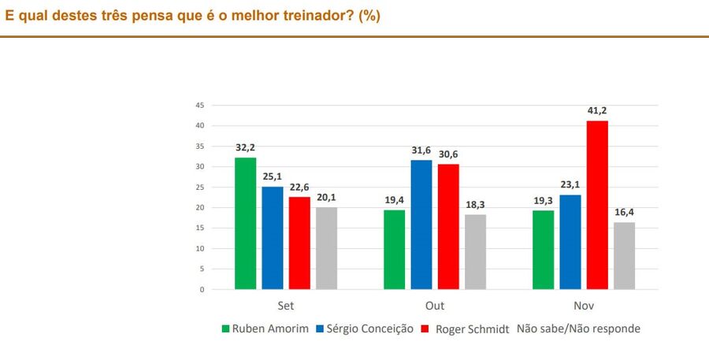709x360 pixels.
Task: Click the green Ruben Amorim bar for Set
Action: tap(245, 224)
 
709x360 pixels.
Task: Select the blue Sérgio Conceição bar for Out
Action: tap(421, 225)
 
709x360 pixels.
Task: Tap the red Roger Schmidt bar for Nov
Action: tap(597, 205)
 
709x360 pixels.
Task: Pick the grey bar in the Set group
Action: tap(325, 248)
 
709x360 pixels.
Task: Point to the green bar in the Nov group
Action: tap(543, 250)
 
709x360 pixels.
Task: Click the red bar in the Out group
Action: tap(448, 227)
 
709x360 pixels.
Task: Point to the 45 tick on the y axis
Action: tap(200, 106)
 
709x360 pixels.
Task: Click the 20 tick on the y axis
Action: tap(200, 208)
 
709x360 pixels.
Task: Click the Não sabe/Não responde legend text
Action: tap(578, 328)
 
